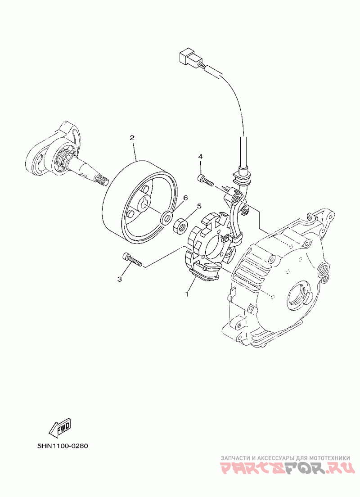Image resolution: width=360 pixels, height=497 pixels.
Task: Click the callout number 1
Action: [x=186, y=294]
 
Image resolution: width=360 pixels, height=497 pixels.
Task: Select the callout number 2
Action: [x=132, y=137]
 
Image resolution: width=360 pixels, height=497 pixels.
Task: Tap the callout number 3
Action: [x=120, y=279]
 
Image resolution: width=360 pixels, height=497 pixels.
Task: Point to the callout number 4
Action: [x=201, y=156]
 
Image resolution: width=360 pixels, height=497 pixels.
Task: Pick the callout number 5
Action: [x=198, y=206]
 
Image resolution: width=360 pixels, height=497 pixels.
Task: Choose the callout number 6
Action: [x=185, y=198]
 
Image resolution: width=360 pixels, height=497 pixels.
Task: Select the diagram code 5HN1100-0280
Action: [x=62, y=447]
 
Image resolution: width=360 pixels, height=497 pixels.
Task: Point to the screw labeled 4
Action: [x=206, y=180]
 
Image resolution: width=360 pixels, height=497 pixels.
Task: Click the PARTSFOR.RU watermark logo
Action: [x=286, y=470]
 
